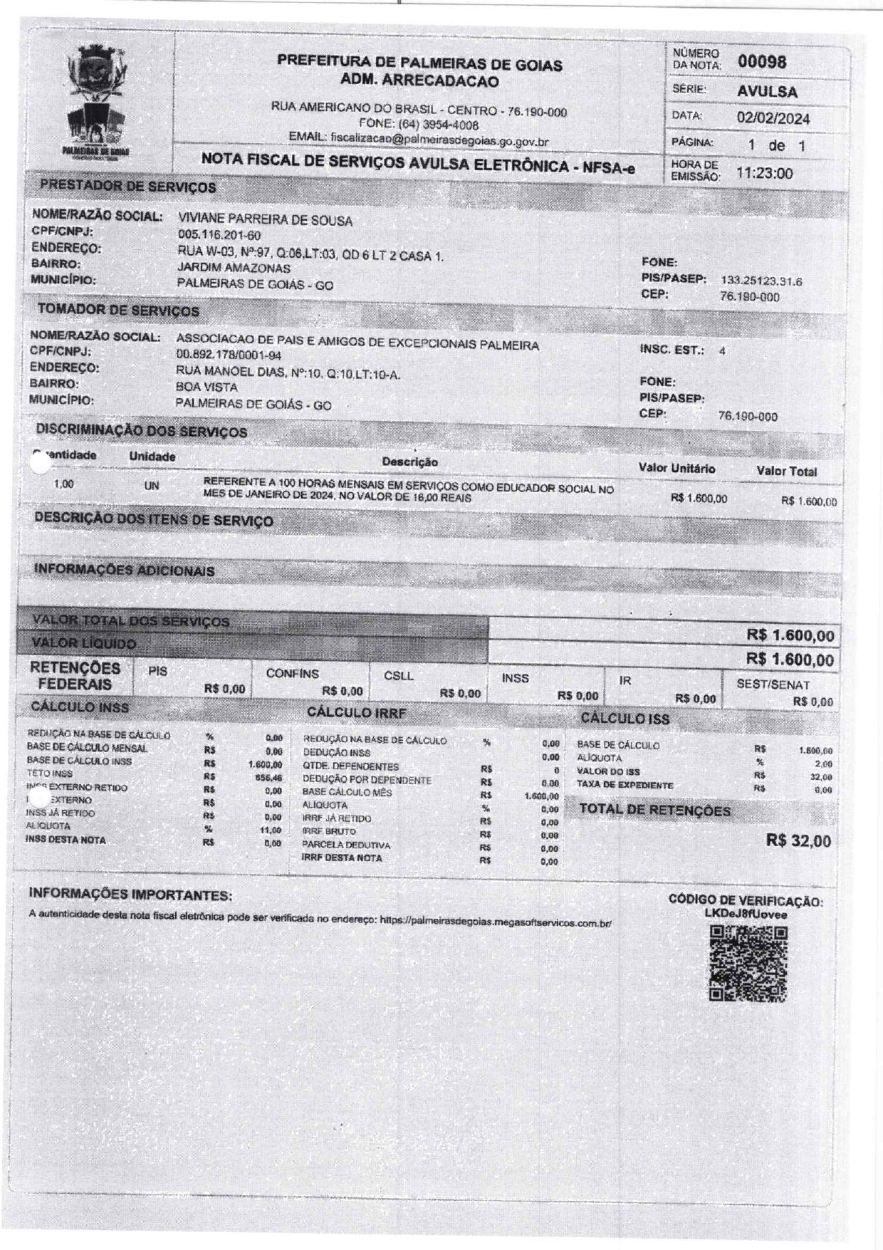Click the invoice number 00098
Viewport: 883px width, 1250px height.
pos(762,62)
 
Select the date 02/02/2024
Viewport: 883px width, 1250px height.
pos(773,118)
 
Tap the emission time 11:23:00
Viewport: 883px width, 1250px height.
pos(764,173)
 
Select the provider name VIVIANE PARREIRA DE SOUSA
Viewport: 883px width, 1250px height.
pos(265,220)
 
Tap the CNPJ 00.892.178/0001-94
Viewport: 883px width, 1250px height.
pos(229,355)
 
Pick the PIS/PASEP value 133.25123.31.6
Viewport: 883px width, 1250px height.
pos(761,281)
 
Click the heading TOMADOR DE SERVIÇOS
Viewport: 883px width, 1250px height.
pos(118,311)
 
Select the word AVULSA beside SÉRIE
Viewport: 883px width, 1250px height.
pos(767,91)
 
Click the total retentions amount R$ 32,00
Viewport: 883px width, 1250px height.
pos(798,841)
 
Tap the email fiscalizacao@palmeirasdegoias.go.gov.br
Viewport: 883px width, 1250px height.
pos(439,141)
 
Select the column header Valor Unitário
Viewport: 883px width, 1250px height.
pos(676,469)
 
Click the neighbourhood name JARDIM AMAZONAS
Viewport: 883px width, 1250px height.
pos(234,269)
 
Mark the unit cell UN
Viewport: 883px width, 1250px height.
pos(152,486)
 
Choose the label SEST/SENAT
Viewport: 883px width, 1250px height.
pos(773,684)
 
